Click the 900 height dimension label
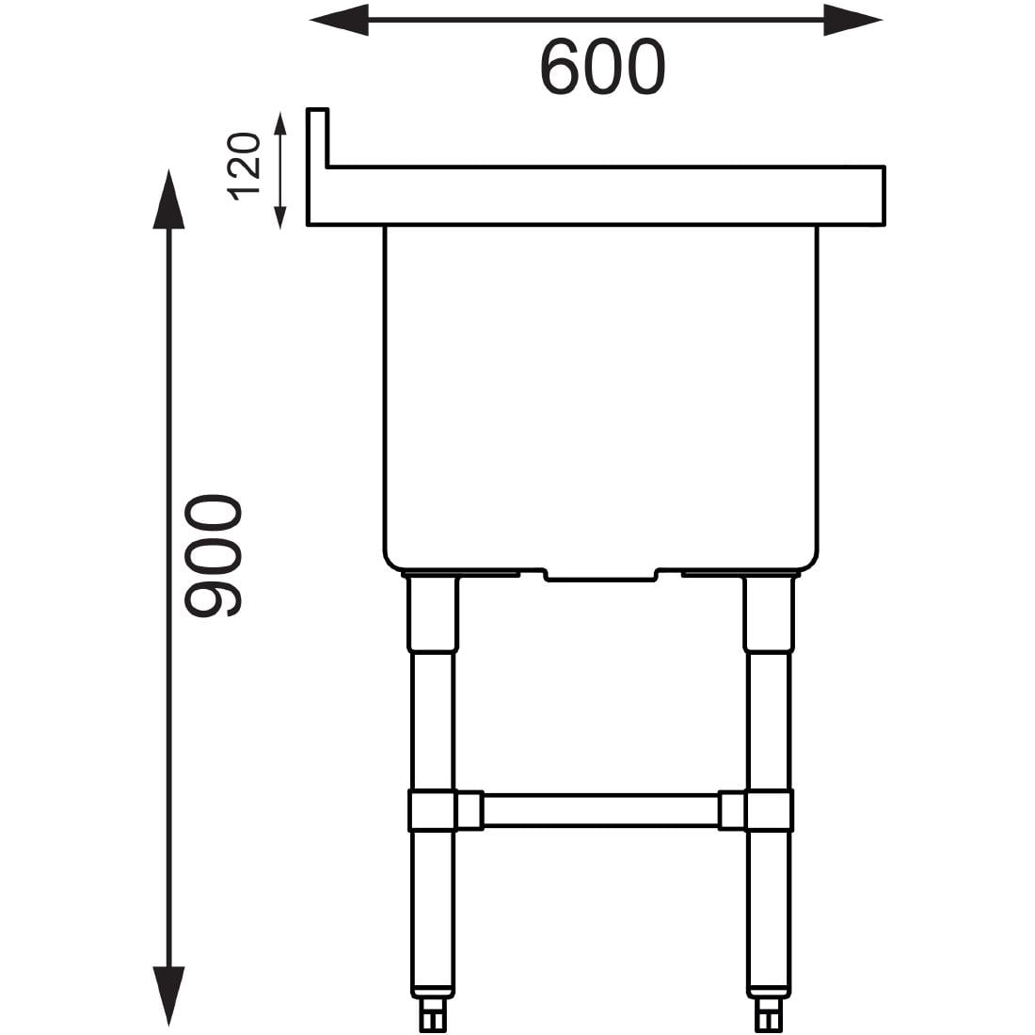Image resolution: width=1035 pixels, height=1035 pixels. pos(214,557)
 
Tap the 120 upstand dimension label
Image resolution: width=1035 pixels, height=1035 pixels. pos(244,167)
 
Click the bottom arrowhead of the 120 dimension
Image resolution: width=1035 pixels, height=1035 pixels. pos(279,217)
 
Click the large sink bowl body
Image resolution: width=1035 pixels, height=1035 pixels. pos(599,395)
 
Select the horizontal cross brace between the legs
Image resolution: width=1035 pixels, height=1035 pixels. pos(600,810)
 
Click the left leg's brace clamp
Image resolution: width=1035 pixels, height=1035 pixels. pos(433,810)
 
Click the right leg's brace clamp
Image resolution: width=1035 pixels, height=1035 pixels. pos(769,810)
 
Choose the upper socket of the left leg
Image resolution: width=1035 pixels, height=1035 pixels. pos(432,613)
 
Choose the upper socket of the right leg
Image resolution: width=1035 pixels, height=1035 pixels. pos(769,613)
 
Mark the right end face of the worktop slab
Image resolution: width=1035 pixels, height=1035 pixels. pos(882,196)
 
